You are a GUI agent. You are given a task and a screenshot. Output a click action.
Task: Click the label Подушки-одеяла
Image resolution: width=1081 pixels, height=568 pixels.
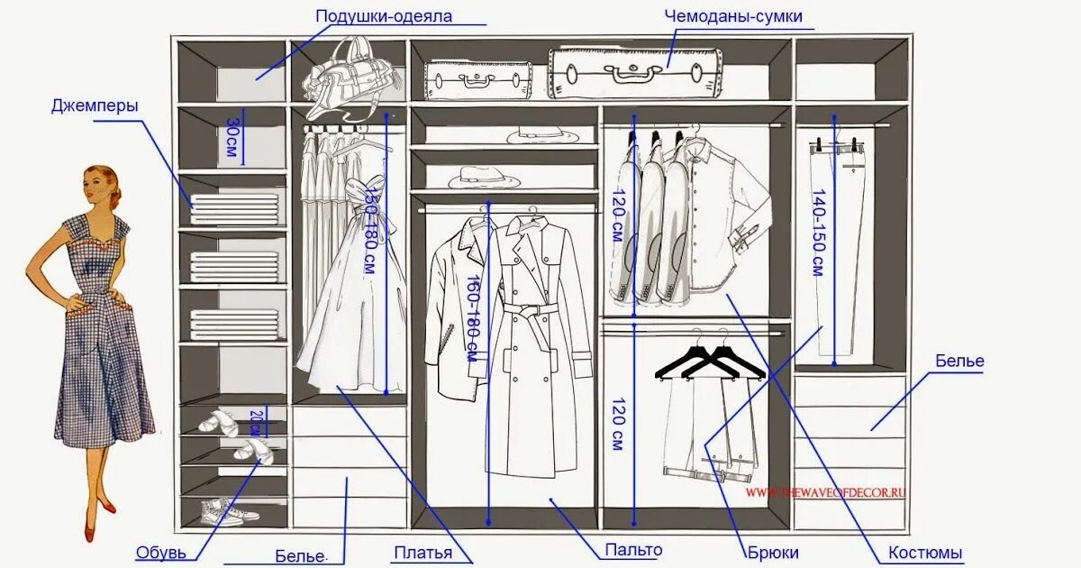click(384, 16)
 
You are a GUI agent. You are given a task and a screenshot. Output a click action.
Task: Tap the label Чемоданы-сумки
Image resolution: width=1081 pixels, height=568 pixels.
click(733, 16)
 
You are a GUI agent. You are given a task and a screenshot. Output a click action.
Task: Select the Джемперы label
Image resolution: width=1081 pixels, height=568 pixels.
click(95, 106)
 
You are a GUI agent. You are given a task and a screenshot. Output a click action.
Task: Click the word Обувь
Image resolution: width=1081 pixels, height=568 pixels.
click(161, 552)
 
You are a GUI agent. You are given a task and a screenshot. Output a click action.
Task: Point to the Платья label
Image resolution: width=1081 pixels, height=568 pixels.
click(422, 552)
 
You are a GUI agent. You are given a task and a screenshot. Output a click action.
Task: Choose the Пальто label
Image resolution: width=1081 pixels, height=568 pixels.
click(633, 550)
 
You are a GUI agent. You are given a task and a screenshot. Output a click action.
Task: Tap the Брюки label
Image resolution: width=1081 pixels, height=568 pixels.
click(773, 552)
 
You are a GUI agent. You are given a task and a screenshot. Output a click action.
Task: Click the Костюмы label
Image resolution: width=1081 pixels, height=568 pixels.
click(925, 552)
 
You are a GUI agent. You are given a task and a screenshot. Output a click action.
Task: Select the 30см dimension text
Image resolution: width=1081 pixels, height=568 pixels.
click(232, 135)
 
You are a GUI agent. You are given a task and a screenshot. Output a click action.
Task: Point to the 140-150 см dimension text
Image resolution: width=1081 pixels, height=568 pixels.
click(817, 232)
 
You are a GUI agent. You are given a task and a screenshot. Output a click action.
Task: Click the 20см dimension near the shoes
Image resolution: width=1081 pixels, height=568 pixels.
click(255, 422)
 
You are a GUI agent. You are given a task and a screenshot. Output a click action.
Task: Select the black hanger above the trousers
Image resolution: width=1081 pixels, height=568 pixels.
click(709, 359)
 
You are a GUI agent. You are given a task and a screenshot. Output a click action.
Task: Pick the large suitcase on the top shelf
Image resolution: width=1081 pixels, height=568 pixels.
click(637, 72)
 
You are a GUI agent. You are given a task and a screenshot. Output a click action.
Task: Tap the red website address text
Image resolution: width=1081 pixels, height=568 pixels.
click(825, 492)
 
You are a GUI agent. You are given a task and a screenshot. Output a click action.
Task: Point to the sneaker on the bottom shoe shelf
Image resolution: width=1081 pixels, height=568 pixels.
click(222, 513)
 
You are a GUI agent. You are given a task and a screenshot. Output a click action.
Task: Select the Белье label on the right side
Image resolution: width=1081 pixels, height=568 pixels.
click(959, 362)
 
